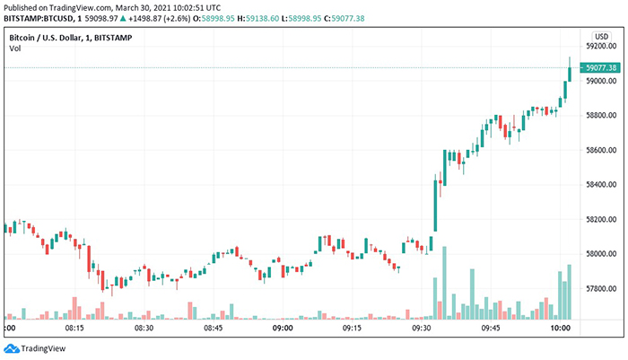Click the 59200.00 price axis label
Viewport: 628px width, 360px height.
pyautogui.click(x=599, y=46)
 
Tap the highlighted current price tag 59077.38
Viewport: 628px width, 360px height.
pyautogui.click(x=599, y=67)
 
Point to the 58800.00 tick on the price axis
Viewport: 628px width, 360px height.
pyautogui.click(x=599, y=116)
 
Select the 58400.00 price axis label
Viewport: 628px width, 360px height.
pyautogui.click(x=599, y=185)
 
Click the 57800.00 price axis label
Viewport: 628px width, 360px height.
pyautogui.click(x=599, y=289)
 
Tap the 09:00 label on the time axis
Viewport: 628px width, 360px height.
pyautogui.click(x=283, y=329)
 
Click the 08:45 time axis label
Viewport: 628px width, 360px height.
pyautogui.click(x=213, y=329)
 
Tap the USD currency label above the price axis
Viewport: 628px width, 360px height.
pyautogui.click(x=602, y=36)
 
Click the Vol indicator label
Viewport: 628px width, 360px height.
pyautogui.click(x=14, y=48)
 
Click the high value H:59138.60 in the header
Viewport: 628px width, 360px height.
pyautogui.click(x=293, y=19)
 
